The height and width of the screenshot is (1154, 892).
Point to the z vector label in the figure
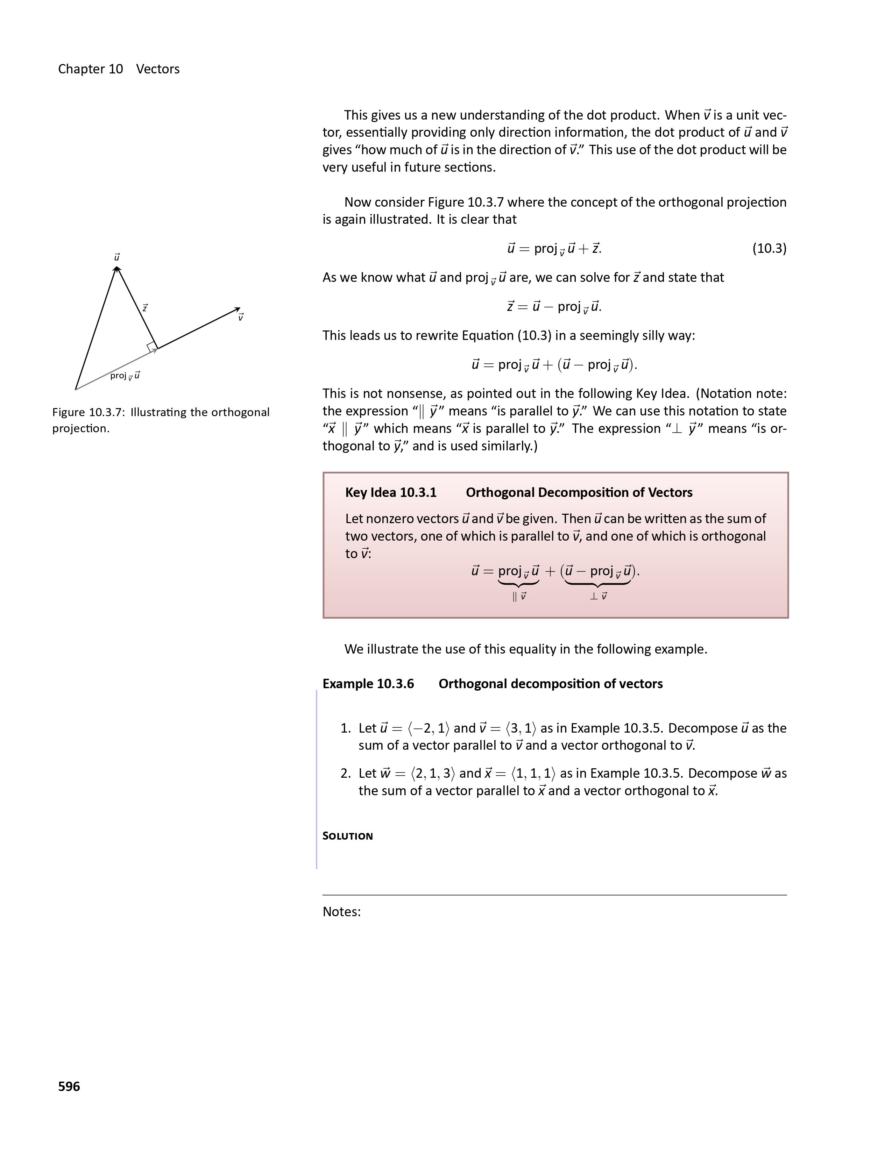(x=145, y=307)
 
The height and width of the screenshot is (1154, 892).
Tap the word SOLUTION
(x=348, y=836)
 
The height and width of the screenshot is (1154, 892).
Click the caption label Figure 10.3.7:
(x=88, y=412)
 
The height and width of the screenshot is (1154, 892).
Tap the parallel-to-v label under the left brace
(x=519, y=597)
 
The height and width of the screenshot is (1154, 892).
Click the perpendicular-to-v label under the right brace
(x=598, y=597)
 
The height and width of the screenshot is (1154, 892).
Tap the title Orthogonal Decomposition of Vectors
(x=579, y=492)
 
